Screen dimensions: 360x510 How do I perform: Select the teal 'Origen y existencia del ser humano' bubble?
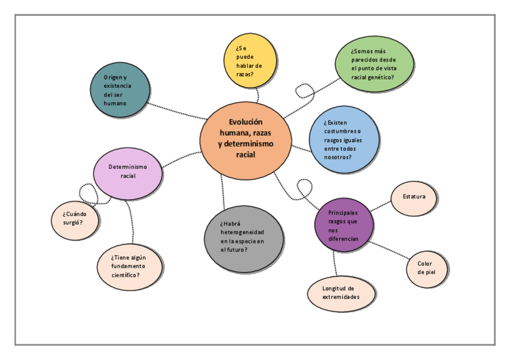pyautogui.click(x=118, y=90)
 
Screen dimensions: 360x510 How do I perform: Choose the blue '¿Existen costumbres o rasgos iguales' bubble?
pyautogui.click(x=344, y=139)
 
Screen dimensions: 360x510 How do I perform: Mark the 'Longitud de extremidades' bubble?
pyautogui.click(x=341, y=293)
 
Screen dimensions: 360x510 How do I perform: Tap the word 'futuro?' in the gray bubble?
pyautogui.click(x=236, y=249)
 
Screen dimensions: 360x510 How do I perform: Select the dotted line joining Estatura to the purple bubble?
pyautogui.click(x=381, y=206)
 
